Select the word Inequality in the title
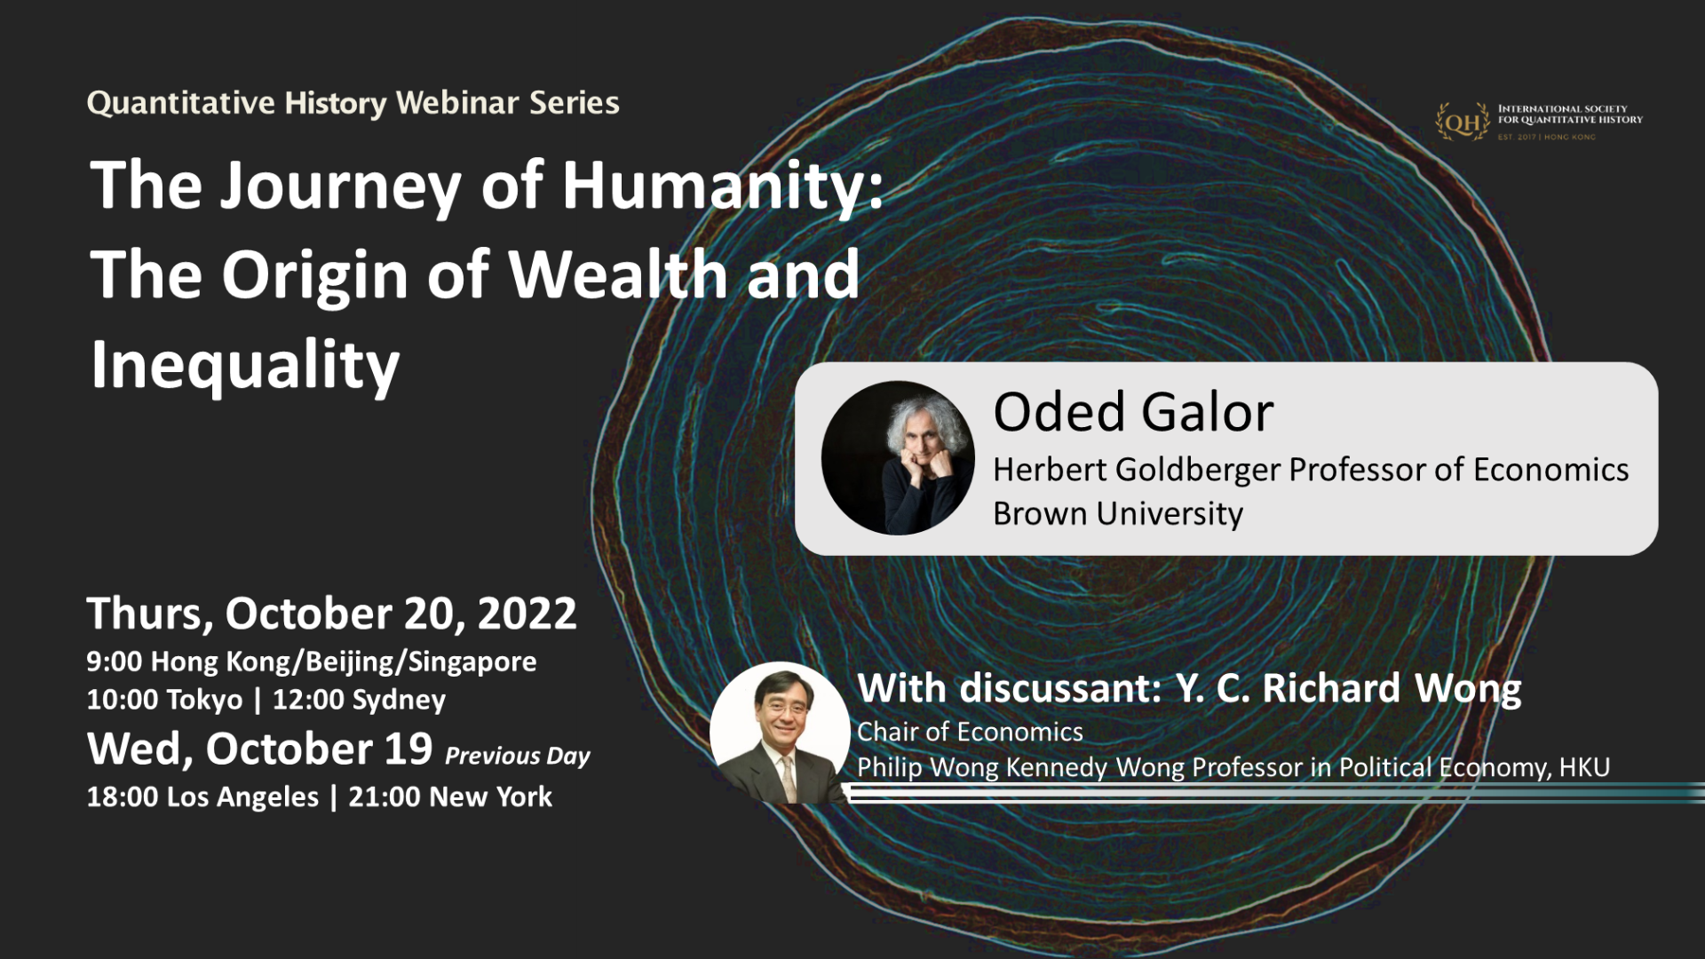(245, 364)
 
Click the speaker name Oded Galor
(1133, 412)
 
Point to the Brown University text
(1118, 513)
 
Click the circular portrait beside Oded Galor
(898, 458)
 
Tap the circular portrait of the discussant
(780, 733)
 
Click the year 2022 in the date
(527, 614)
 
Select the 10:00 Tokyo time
(164, 700)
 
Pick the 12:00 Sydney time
(359, 700)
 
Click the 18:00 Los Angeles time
(202, 797)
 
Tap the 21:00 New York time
(450, 797)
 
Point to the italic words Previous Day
(517, 756)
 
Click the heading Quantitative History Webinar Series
(353, 103)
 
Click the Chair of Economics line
(970, 732)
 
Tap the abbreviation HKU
(1584, 767)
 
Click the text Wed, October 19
(259, 749)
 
